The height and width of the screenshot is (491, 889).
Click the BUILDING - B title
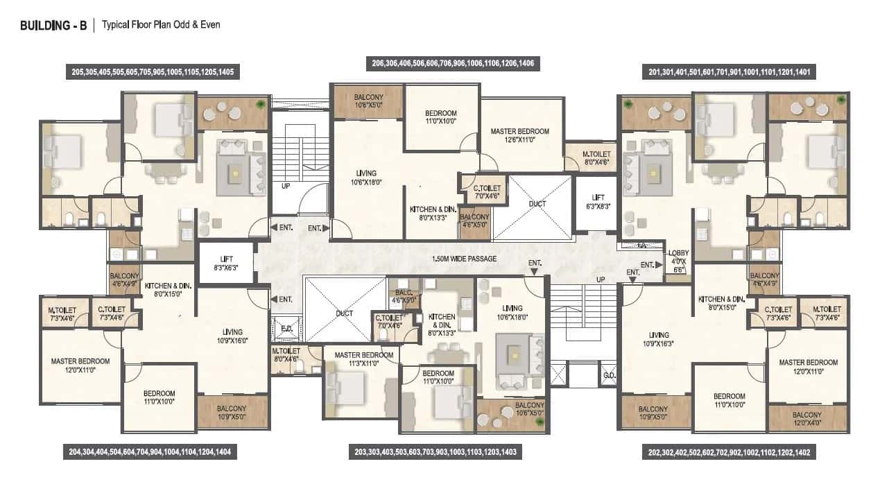pos(53,26)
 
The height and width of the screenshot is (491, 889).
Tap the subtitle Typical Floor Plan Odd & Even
pos(161,25)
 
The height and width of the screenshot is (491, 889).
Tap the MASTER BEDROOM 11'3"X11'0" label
pos(363,359)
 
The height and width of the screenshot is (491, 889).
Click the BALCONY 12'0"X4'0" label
pos(808,418)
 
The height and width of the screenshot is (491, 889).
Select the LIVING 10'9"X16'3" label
pos(657,338)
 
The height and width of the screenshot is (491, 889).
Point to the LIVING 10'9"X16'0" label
pos(232,336)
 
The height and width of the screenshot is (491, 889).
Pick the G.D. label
pos(607,376)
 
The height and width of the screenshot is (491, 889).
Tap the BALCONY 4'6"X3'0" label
pos(403,297)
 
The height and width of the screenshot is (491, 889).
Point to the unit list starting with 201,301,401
pos(731,71)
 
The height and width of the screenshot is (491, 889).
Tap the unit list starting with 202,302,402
pos(729,453)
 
